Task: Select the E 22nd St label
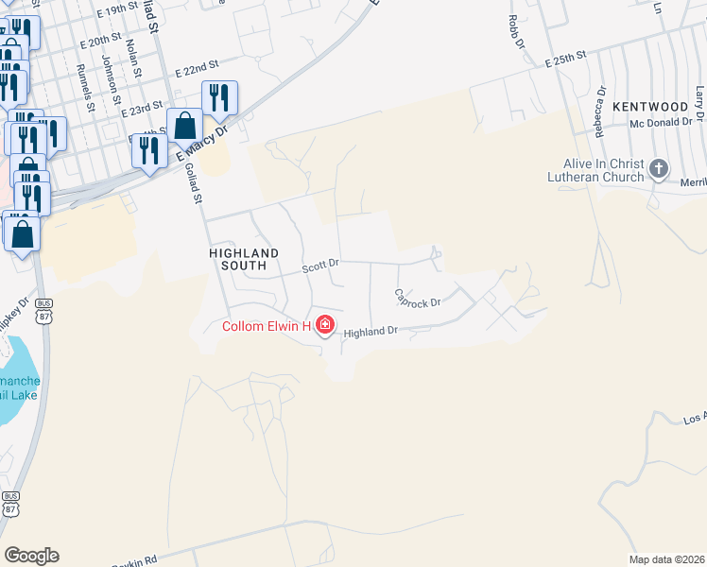click(x=197, y=68)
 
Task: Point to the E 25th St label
click(x=567, y=60)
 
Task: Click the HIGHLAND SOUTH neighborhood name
click(x=244, y=260)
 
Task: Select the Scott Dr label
click(x=320, y=268)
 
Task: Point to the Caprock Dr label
click(x=418, y=299)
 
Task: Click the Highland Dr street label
click(x=371, y=333)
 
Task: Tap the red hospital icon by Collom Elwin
click(x=324, y=326)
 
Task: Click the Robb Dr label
click(x=515, y=33)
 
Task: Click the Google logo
click(x=31, y=556)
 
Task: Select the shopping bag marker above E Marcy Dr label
click(x=185, y=126)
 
